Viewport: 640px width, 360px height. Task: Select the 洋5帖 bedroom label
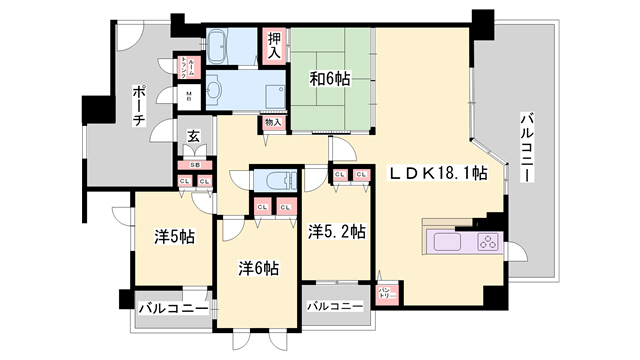point(174,237)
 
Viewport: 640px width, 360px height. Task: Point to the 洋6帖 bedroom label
point(258,268)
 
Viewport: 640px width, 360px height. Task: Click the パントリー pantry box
point(387,293)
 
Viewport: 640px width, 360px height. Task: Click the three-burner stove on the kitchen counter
point(488,242)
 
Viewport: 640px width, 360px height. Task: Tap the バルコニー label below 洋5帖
point(172,309)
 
